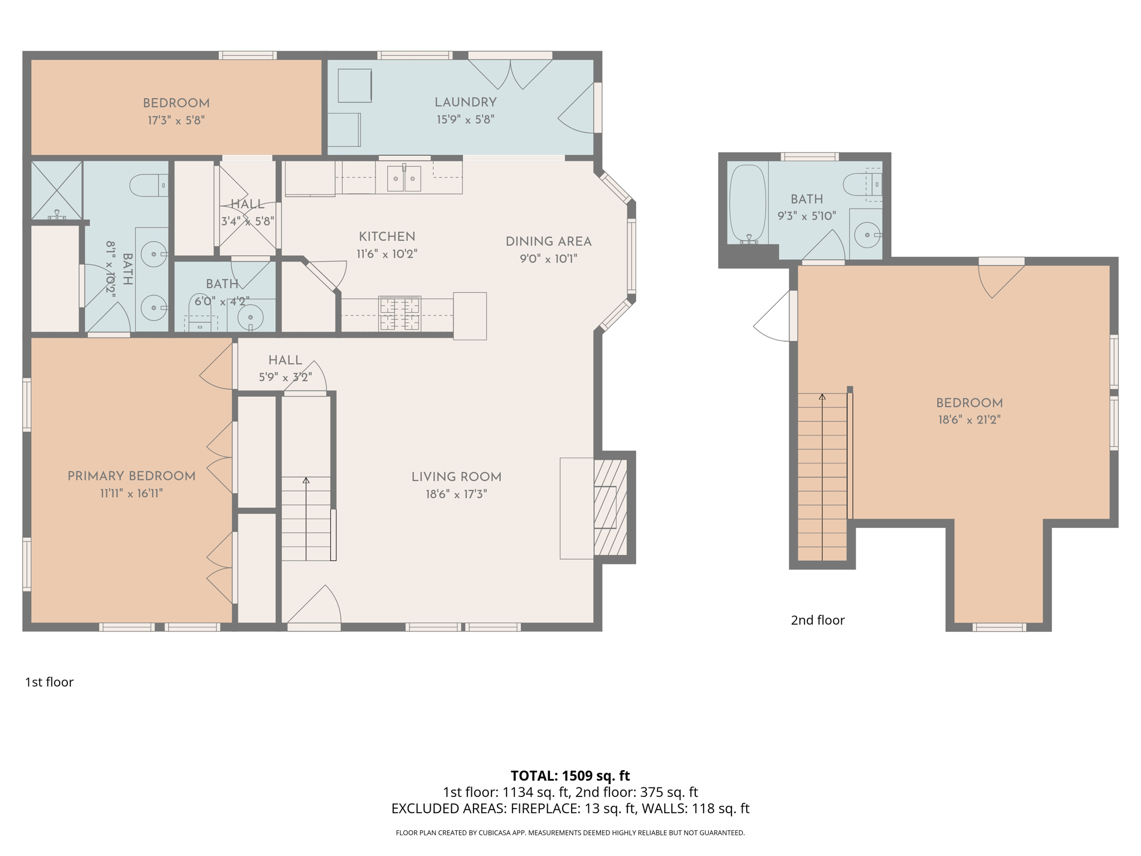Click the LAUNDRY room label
coord(465,103)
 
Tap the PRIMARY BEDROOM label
coord(131,476)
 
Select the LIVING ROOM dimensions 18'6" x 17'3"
coord(456,494)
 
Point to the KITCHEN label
coord(387,236)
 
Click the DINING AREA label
coord(548,242)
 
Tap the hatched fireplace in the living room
coord(611,507)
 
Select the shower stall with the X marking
coord(57,191)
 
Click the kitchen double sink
coord(404,178)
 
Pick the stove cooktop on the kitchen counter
coord(399,314)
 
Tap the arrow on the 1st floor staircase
coord(306,518)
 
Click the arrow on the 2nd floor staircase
coord(822,476)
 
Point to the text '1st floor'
coord(49,682)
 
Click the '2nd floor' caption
coord(817,620)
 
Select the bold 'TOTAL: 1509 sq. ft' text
coord(570,776)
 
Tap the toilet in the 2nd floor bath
coord(861,184)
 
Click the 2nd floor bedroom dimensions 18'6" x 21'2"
coord(969,420)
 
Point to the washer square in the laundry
coord(354,85)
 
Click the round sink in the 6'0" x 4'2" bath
coord(250,318)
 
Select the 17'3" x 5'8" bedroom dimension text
coord(176,120)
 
